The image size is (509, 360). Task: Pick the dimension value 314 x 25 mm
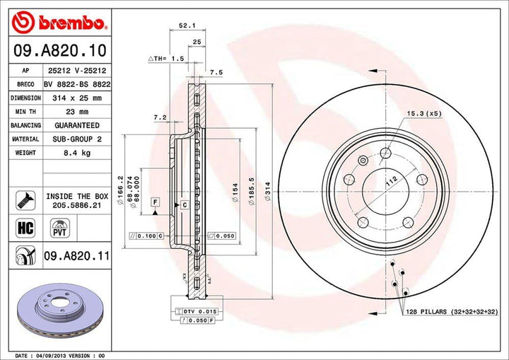(x=78, y=98)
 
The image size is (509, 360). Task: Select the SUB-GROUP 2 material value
(x=78, y=139)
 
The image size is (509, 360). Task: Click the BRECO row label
(x=25, y=85)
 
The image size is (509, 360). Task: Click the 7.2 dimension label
(x=159, y=117)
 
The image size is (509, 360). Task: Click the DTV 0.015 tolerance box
(x=188, y=311)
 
